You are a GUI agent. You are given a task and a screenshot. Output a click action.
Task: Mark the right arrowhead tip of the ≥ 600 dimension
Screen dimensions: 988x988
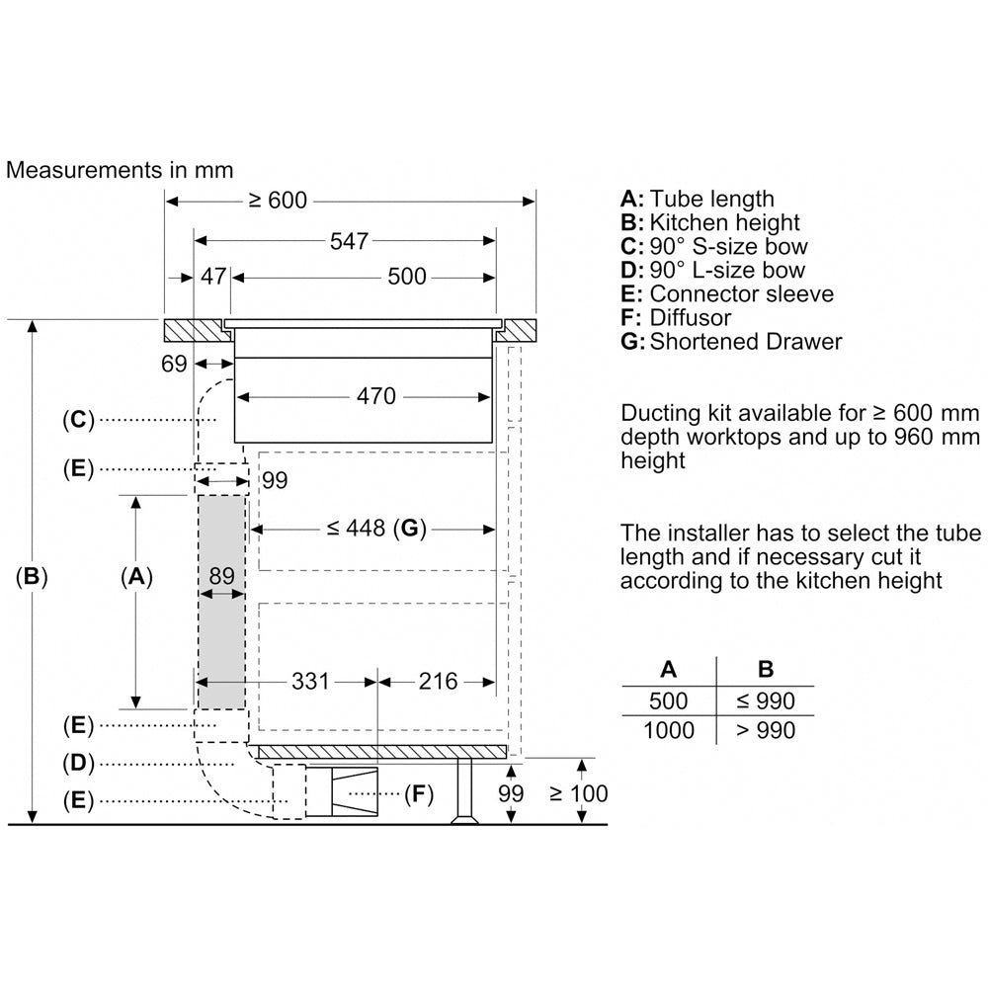[535, 202]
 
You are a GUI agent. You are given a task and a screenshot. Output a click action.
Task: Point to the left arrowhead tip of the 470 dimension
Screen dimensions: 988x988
[236, 397]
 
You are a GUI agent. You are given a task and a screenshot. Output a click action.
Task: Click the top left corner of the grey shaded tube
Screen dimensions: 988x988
[199, 495]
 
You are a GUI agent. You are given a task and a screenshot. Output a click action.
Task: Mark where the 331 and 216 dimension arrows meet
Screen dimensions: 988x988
[377, 682]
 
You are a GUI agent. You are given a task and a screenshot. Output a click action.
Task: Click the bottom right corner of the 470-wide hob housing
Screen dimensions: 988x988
[492, 443]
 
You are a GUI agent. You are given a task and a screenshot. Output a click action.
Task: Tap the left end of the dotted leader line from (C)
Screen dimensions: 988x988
[101, 419]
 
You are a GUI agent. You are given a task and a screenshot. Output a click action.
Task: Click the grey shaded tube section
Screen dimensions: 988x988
[221, 602]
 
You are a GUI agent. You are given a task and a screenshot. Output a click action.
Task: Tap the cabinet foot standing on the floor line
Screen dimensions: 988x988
[465, 791]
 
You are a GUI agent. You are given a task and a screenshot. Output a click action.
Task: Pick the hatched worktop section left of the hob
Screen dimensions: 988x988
[197, 331]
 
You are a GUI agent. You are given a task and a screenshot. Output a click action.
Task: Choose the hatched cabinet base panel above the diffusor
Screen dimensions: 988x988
[382, 751]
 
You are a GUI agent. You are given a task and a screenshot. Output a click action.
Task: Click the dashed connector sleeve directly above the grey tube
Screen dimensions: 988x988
[221, 479]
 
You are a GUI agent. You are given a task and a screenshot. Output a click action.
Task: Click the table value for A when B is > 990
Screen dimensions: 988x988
[669, 730]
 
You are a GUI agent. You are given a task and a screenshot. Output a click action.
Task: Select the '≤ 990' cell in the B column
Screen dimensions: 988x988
[766, 700]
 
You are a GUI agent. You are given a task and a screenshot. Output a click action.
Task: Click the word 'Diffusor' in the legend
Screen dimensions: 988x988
[691, 317]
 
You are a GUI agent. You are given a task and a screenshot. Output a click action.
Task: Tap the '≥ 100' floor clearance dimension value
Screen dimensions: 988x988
[578, 793]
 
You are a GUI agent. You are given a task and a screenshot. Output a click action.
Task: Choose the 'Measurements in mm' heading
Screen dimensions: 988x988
[120, 170]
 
